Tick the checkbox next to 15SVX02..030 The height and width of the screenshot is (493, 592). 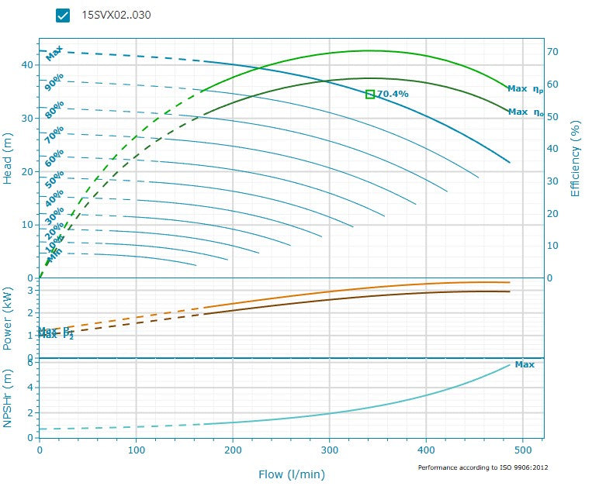click(64, 16)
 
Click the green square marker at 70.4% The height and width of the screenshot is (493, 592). click(370, 95)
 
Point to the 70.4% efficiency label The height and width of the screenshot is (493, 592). click(393, 94)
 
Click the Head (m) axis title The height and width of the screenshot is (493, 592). click(9, 157)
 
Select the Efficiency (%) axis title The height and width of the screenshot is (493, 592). click(576, 157)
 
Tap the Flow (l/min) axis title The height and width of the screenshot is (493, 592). click(292, 474)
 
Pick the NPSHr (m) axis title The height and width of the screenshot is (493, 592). click(9, 398)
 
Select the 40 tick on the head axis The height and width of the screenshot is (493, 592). click(27, 65)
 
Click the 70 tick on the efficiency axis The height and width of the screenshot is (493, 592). click(552, 51)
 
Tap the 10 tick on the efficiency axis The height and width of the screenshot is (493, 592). click(552, 245)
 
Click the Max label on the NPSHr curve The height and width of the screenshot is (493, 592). click(524, 364)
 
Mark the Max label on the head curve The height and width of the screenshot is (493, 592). click(54, 54)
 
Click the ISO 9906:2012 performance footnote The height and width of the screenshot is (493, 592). click(483, 467)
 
